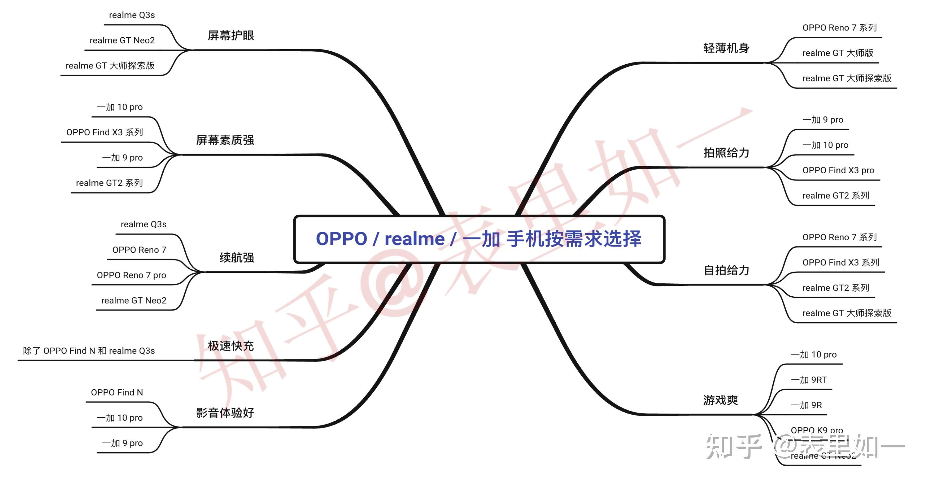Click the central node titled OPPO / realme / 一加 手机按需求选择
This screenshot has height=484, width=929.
(x=479, y=239)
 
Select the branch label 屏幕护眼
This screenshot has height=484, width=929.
(x=231, y=35)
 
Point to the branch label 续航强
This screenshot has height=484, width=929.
(x=237, y=257)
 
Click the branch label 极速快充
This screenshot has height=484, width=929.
(x=231, y=346)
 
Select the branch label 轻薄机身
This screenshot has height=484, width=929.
(x=726, y=48)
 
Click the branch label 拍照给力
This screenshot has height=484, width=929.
(x=726, y=153)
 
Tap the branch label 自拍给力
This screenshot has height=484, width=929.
(x=726, y=270)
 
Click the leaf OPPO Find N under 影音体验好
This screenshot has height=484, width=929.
(x=117, y=392)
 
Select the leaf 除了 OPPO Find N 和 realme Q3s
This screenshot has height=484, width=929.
(x=89, y=351)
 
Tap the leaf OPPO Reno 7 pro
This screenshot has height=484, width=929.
(x=131, y=275)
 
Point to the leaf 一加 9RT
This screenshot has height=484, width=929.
(x=809, y=380)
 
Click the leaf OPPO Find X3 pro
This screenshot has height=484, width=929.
(x=838, y=170)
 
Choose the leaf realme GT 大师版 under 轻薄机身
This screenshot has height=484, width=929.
(x=838, y=53)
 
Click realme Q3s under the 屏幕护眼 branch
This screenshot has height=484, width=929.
(x=132, y=15)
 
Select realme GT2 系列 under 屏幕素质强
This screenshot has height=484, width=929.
(x=109, y=183)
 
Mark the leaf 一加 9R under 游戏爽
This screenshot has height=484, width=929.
(x=806, y=405)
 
